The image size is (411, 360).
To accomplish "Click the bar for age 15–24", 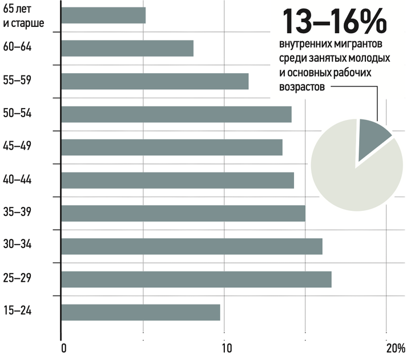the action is click(x=141, y=313).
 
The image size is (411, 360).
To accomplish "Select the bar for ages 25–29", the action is click(x=196, y=279).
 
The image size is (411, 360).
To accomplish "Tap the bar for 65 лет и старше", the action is click(x=103, y=15).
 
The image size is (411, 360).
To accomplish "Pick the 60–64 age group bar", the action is click(x=127, y=48).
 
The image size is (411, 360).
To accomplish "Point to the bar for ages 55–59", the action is click(x=155, y=81).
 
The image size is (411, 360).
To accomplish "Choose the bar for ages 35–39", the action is click(x=183, y=213).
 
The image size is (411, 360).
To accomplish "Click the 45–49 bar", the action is click(x=172, y=147).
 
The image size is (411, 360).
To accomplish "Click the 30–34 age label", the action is click(x=17, y=245).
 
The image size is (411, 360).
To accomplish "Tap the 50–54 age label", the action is click(x=17, y=113).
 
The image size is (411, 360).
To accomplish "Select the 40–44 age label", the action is click(x=17, y=179).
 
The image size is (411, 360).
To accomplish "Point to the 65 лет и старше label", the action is click(x=23, y=16).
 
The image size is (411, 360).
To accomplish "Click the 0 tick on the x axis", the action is click(x=64, y=349).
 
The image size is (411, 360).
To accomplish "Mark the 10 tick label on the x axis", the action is click(x=227, y=349).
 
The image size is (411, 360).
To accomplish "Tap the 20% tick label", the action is click(x=396, y=349).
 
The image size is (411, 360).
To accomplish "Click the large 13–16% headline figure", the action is click(x=334, y=22).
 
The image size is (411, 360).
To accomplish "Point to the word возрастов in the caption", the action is click(x=302, y=87).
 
